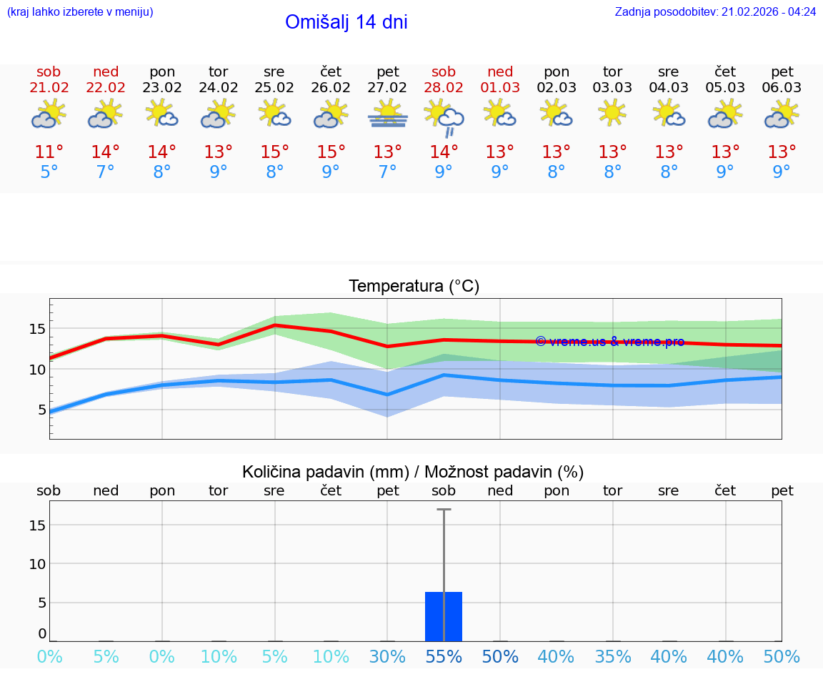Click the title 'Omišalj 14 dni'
(346, 22)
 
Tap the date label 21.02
(49, 88)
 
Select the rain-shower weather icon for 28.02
(444, 118)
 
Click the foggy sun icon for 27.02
(387, 114)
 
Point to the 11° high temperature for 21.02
(49, 152)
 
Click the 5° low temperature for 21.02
(49, 172)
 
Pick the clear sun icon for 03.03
(612, 113)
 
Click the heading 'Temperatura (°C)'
(414, 287)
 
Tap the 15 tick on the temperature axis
(37, 329)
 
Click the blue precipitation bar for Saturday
(444, 616)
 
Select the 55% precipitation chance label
(444, 657)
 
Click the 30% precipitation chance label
(387, 657)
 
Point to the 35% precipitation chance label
(612, 657)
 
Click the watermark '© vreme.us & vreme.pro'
(609, 342)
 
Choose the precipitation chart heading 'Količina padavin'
(413, 472)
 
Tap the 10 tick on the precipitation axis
(37, 563)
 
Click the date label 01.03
(500, 88)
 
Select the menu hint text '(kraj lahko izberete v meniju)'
(79, 11)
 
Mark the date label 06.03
(782, 88)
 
